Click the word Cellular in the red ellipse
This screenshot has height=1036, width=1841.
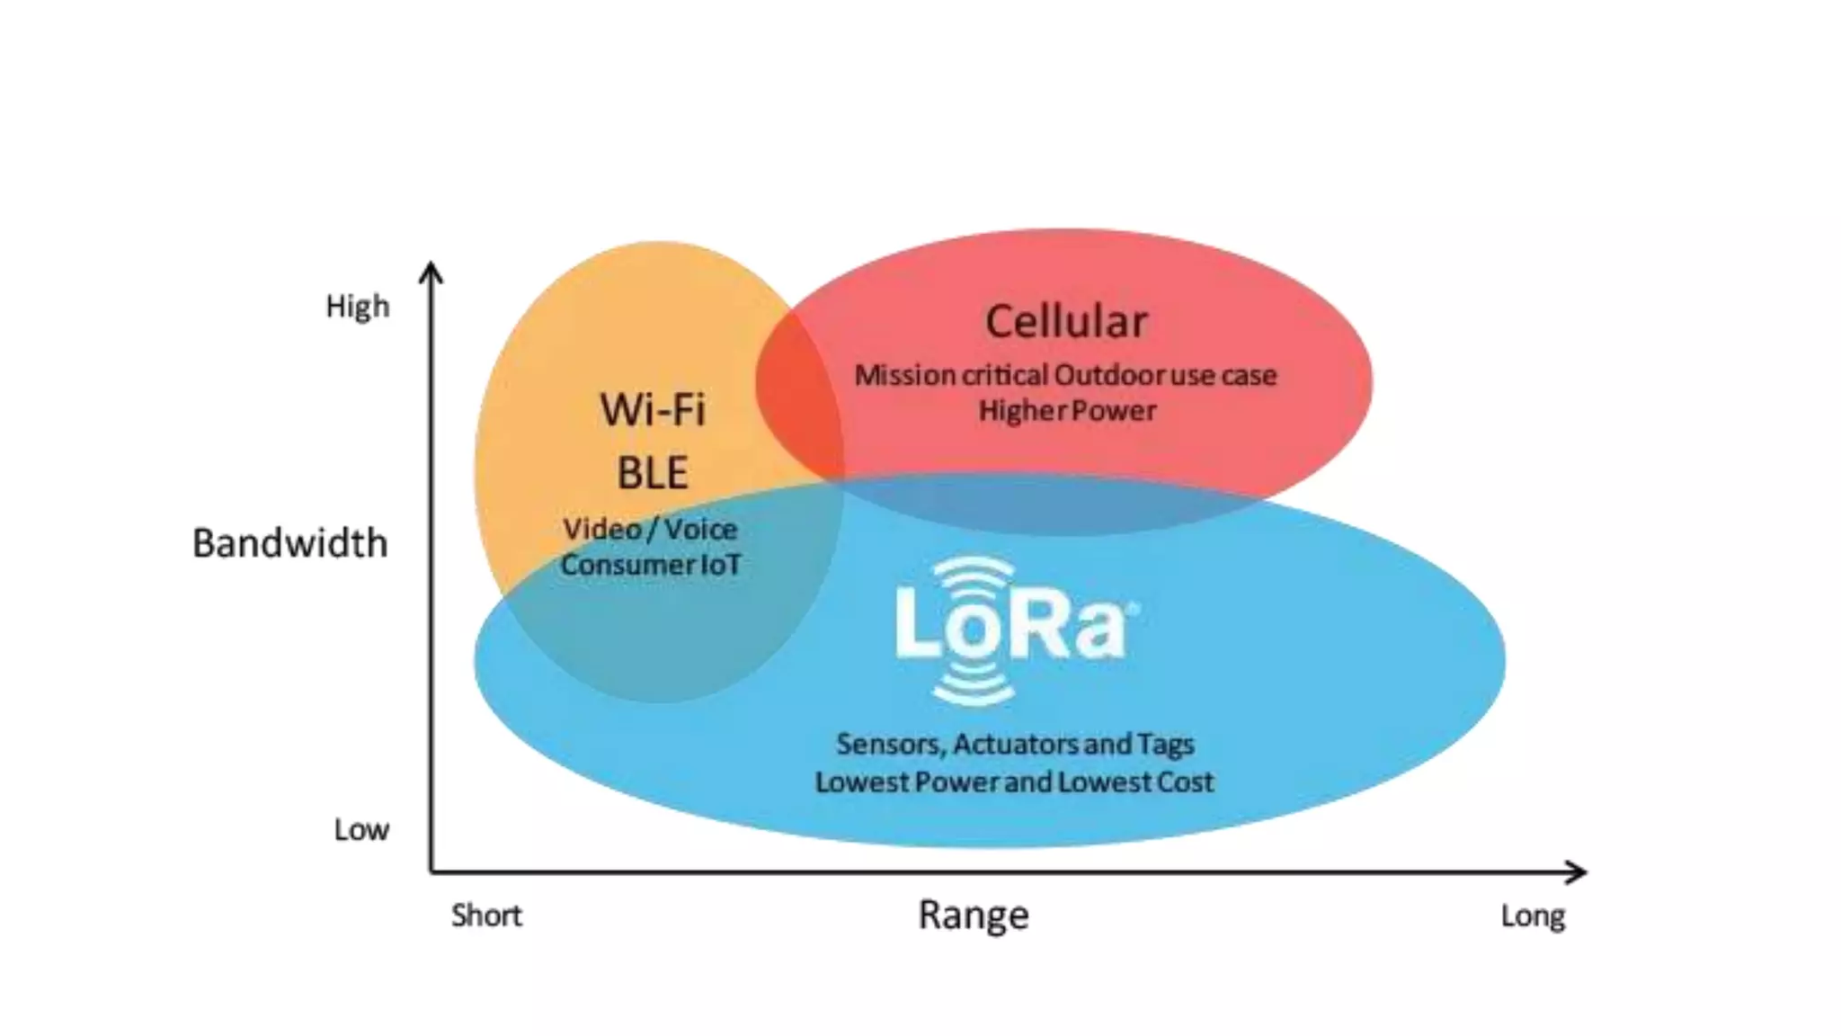click(1066, 322)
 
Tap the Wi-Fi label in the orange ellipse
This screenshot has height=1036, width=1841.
click(654, 410)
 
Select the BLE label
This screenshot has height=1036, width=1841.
click(653, 473)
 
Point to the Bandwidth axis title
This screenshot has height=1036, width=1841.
click(290, 543)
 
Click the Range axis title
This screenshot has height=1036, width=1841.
click(974, 915)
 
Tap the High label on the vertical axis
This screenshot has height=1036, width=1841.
click(358, 307)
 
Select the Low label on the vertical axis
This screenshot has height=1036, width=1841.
click(361, 829)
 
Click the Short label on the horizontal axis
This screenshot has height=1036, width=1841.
click(486, 915)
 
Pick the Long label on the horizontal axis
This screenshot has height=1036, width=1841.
click(1534, 916)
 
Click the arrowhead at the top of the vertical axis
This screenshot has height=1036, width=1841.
click(431, 271)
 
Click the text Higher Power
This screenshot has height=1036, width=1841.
click(1067, 411)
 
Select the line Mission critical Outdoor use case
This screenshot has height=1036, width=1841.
click(1065, 375)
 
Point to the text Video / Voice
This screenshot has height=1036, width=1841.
click(650, 530)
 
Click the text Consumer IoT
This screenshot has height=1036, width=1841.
click(651, 566)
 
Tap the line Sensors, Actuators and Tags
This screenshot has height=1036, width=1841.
click(1015, 745)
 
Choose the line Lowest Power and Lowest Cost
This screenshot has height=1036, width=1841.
click(1014, 782)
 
